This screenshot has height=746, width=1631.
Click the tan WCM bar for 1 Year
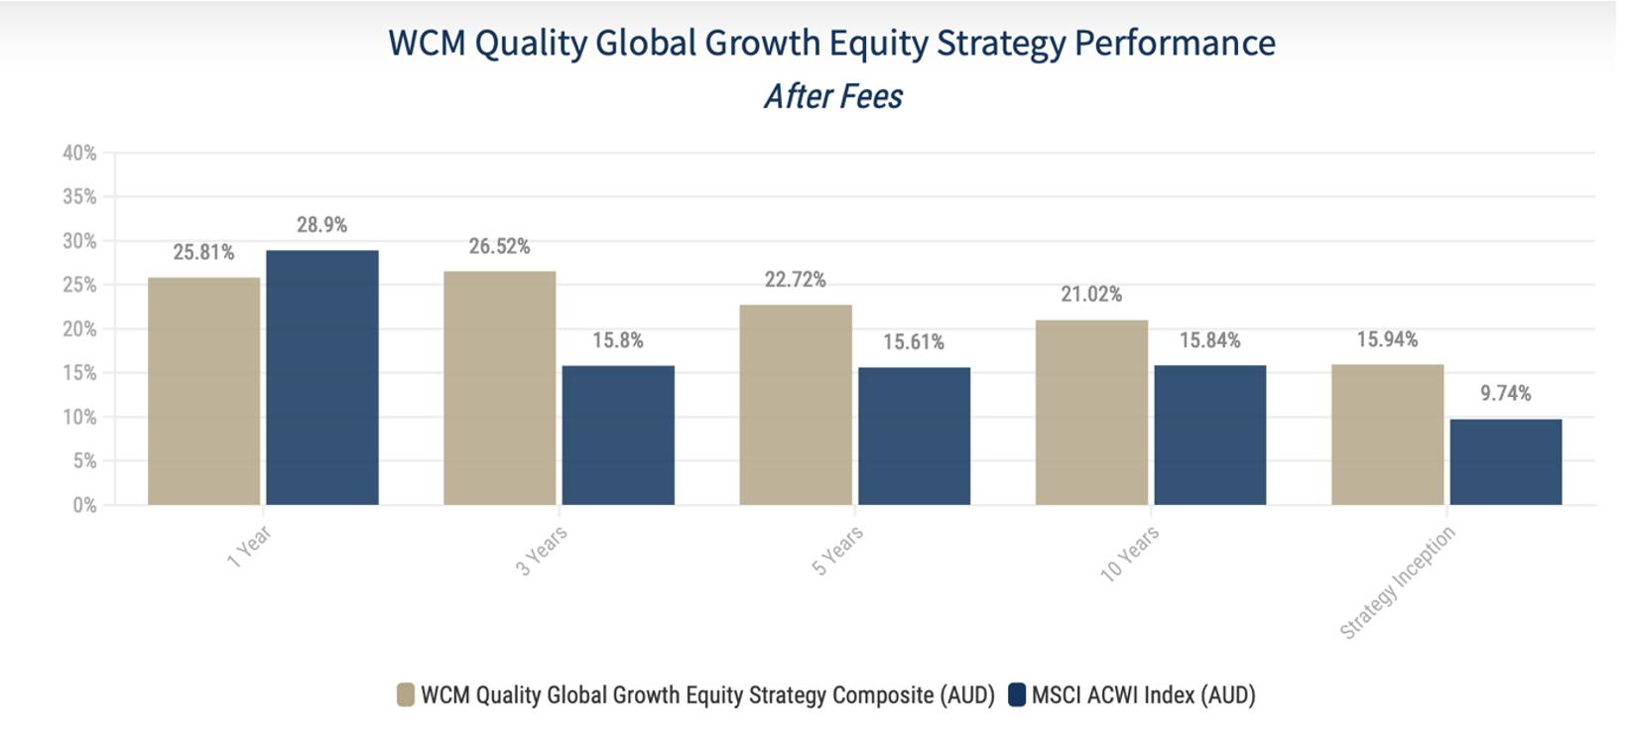coord(203,391)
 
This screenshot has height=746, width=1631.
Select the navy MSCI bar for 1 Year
coord(321,377)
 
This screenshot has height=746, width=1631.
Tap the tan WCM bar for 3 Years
coord(499,388)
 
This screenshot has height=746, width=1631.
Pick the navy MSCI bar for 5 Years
coord(914,435)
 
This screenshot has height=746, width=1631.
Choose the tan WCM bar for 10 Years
coord(1091,412)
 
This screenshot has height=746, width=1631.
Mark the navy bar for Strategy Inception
coord(1505,461)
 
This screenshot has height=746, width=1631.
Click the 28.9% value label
coord(321,225)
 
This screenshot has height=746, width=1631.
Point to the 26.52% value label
coord(499,246)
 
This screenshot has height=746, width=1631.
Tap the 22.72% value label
coord(795,280)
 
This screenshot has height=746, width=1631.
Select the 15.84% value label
coord(1209,340)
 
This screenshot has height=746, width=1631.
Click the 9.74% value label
coord(1505,394)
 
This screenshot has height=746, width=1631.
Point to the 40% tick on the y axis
coord(79,153)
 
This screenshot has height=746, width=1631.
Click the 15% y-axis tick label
coord(79,373)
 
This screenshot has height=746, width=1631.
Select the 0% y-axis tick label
coord(83,505)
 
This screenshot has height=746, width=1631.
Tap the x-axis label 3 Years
coord(542,552)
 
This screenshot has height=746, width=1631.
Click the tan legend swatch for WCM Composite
coord(406,694)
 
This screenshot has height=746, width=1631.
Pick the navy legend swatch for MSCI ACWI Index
coord(1016,694)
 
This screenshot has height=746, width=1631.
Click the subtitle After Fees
coord(833,96)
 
